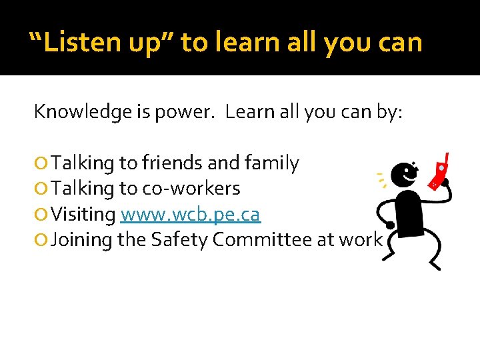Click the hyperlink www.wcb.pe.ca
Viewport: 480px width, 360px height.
[190, 215]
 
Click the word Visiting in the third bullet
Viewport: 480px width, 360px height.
[83, 215]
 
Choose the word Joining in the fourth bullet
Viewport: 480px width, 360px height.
[81, 240]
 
